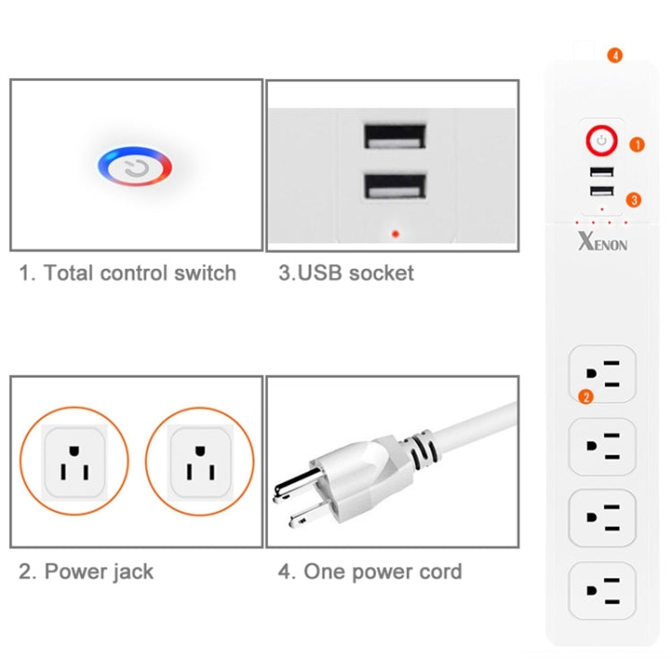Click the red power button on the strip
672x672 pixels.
pyautogui.click(x=602, y=141)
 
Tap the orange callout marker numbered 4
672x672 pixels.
pyautogui.click(x=614, y=55)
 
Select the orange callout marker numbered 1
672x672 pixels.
pyautogui.click(x=636, y=143)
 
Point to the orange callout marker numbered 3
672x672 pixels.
pyautogui.click(x=633, y=200)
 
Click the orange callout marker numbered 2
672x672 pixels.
pyautogui.click(x=586, y=396)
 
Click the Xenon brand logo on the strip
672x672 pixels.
pyautogui.click(x=602, y=242)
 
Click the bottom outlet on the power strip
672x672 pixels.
pyautogui.click(x=602, y=589)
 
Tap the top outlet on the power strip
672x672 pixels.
pyautogui.click(x=602, y=375)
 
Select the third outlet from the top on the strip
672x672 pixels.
pyautogui.click(x=602, y=517)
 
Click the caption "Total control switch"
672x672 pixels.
pyautogui.click(x=128, y=273)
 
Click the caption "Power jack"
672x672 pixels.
pyautogui.click(x=87, y=571)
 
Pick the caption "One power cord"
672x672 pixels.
pyautogui.click(x=370, y=571)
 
